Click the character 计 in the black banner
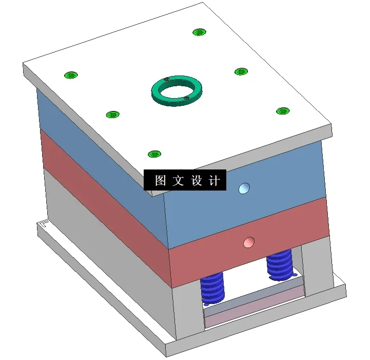(215, 181)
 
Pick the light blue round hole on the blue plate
(244, 188)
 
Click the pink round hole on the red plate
(249, 241)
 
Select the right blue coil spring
(280, 263)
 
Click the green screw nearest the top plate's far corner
(199, 32)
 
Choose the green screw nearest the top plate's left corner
(70, 75)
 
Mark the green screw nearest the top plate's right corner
(283, 111)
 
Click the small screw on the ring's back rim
(167, 80)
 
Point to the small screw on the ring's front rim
(186, 98)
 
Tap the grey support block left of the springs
(187, 308)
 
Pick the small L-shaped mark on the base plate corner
(44, 223)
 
